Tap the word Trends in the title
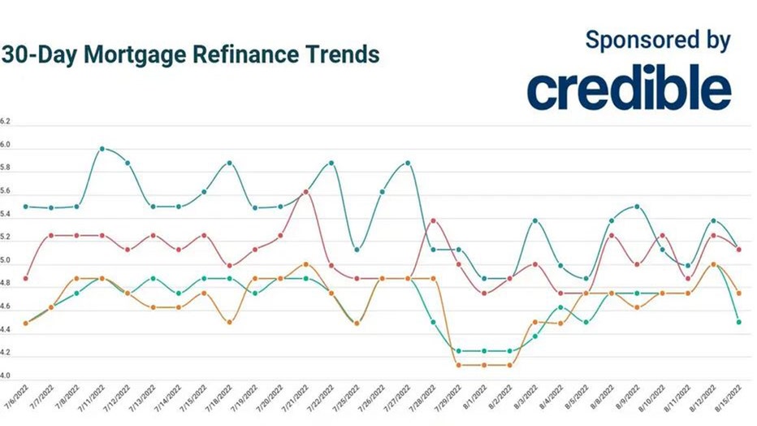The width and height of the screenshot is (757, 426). click(346, 55)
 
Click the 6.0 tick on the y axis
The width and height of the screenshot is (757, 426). click(6, 146)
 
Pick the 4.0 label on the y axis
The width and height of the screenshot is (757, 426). click(6, 376)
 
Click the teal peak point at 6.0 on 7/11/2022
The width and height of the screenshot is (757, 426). click(102, 149)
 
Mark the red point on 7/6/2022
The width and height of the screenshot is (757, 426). click(26, 278)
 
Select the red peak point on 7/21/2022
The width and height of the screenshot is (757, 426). click(305, 192)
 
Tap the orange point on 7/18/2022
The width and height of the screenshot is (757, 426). click(229, 322)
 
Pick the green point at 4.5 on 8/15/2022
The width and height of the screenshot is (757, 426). click(738, 322)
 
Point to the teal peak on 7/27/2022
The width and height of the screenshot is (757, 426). click(407, 163)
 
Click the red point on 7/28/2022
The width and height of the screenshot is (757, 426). click(433, 220)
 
